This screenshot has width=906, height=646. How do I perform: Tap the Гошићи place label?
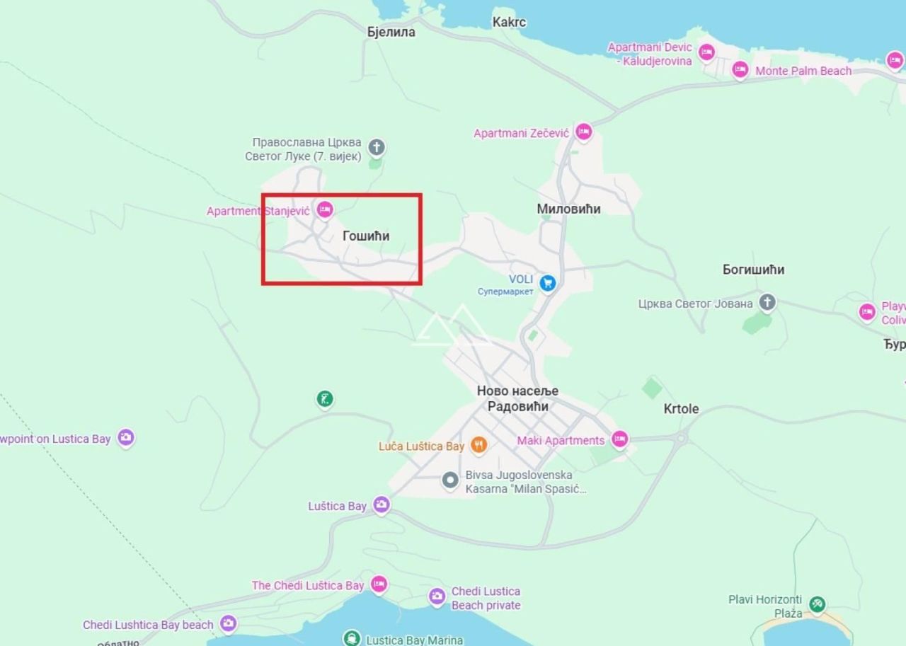366,236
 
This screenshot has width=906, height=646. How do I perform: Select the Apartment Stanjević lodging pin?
325,209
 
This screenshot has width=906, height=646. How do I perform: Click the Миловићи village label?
568,209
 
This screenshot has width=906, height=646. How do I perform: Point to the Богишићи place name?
753,270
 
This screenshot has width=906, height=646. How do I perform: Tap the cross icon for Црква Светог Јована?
767,303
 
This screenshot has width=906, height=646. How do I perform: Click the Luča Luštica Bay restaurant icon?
479,445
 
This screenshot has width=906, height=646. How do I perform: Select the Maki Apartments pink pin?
619,439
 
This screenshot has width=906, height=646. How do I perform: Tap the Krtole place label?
681,408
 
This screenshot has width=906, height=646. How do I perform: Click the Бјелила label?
391,32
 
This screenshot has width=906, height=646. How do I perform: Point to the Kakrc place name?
509,22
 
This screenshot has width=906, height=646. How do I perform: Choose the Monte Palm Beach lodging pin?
740,69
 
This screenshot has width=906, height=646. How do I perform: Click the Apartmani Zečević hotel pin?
583,132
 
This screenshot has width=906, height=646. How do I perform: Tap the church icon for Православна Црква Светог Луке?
377,147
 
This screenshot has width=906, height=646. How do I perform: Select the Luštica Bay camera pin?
382,504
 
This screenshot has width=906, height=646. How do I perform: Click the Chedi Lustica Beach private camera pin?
437,596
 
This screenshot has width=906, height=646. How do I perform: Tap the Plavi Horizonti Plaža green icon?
818,605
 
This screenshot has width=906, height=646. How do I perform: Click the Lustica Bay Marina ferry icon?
352,638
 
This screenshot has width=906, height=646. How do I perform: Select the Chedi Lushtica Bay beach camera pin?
228,623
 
